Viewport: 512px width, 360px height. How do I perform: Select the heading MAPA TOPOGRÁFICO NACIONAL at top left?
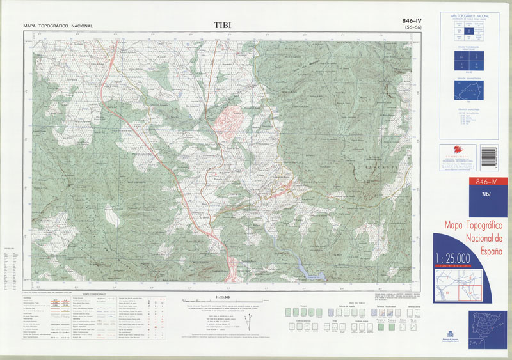point(58,26)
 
